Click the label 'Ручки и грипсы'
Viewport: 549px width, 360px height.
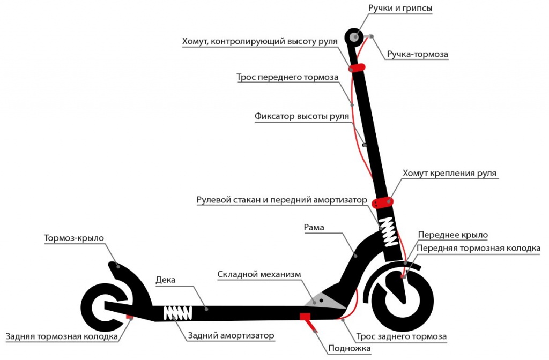(x=400, y=9)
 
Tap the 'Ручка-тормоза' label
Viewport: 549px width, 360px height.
(x=417, y=54)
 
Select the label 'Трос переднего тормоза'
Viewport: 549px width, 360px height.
(x=287, y=77)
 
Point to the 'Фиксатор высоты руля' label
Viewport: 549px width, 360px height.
(x=302, y=116)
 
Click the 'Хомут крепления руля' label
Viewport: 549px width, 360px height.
(x=449, y=174)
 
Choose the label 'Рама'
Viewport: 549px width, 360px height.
(x=314, y=228)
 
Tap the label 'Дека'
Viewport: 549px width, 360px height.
(x=165, y=280)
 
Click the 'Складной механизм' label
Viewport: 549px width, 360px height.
(x=259, y=274)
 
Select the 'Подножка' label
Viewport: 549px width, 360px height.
(x=348, y=348)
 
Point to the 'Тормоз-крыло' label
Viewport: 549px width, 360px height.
(x=74, y=237)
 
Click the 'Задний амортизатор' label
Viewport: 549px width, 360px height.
(x=231, y=336)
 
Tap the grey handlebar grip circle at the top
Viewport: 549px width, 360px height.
(x=355, y=37)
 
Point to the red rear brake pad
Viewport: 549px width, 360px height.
(x=129, y=317)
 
